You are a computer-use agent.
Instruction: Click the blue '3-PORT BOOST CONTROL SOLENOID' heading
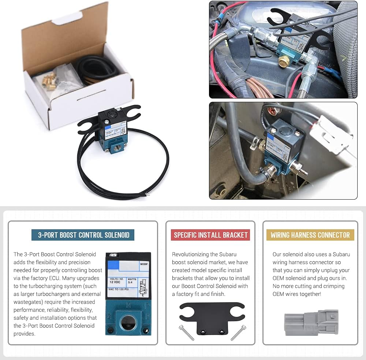pyautogui.click(x=83, y=235)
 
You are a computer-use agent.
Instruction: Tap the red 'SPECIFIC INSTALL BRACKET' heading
pyautogui.click(x=210, y=235)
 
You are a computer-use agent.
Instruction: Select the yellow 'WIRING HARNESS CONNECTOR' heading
pyautogui.click(x=310, y=235)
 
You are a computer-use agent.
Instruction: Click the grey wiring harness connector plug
pyautogui.click(x=311, y=323)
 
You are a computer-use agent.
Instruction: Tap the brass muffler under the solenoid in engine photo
pyautogui.click(x=283, y=61)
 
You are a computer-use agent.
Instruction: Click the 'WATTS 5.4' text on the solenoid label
pyautogui.click(x=132, y=280)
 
